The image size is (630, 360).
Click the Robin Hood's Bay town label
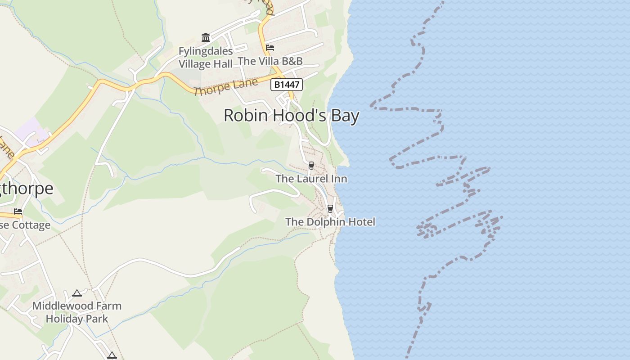[291, 116]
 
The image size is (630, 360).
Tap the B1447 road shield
[286, 84]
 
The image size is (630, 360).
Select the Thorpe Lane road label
[226, 86]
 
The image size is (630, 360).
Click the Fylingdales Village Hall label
[206, 58]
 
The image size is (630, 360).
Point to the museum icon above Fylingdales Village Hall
[206, 37]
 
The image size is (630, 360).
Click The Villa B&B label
[270, 61]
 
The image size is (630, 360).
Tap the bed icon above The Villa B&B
[270, 48]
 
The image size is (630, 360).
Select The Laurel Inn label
[311, 179]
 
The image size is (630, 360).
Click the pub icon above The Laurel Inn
[311, 166]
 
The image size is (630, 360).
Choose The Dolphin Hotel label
[330, 222]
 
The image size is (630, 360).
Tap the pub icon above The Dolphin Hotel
[330, 208]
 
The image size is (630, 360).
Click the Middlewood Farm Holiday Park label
[77, 312]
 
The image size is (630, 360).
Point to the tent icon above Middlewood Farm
[77, 293]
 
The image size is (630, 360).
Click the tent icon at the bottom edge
[112, 355]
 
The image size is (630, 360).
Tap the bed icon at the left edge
[18, 211]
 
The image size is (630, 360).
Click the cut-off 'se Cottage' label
[25, 225]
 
